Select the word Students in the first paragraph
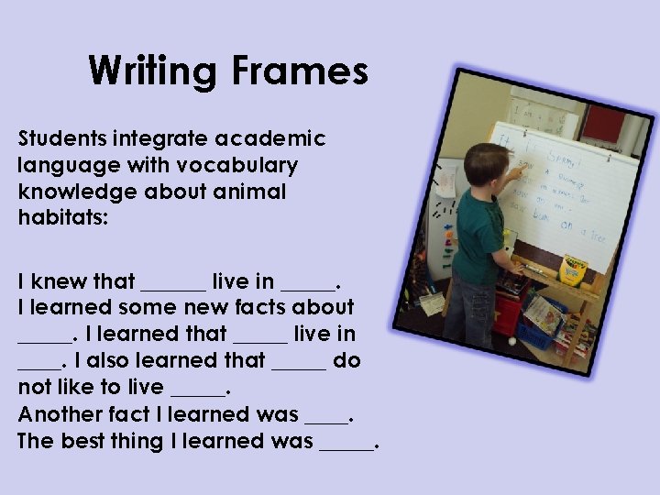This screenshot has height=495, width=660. [x=61, y=139]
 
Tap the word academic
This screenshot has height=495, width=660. [x=270, y=139]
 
